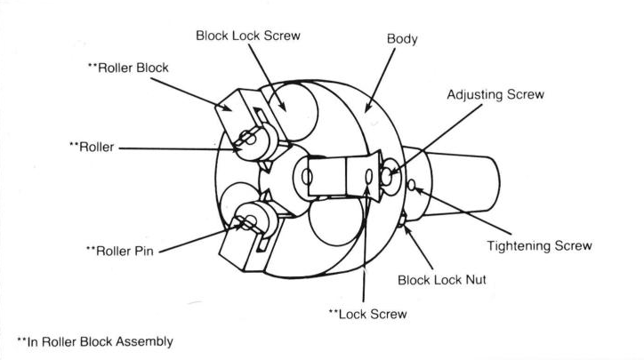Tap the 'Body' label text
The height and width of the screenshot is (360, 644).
pyautogui.click(x=403, y=41)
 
